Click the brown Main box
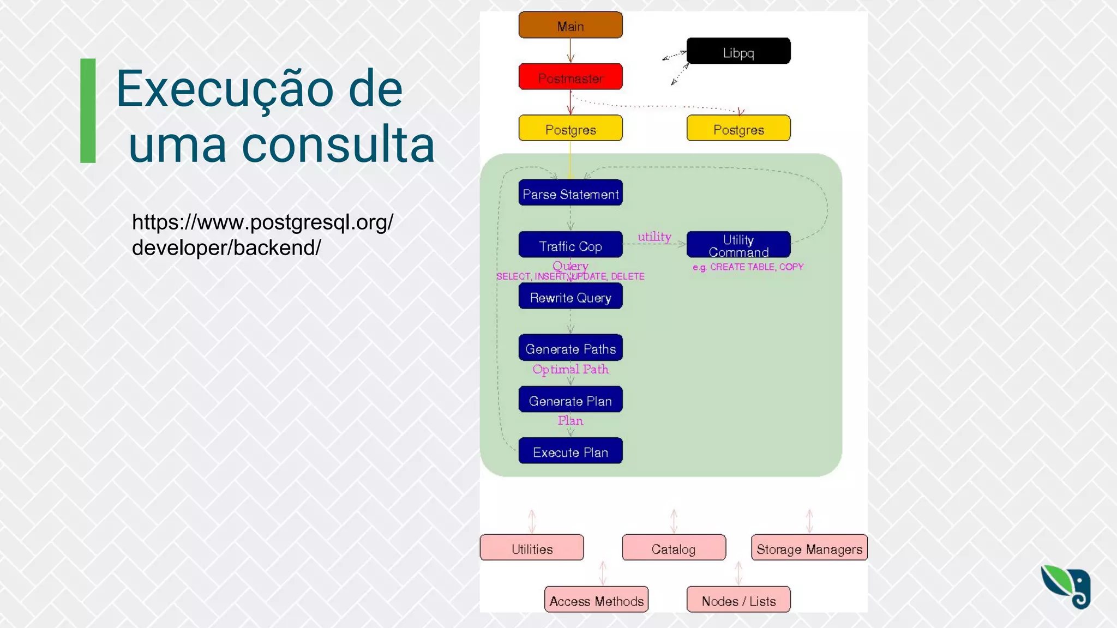click(x=570, y=25)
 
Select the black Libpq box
click(x=738, y=51)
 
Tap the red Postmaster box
click(x=570, y=77)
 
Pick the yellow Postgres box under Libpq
click(x=738, y=129)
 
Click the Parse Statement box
click(x=570, y=193)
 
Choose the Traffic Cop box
click(x=570, y=245)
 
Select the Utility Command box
click(x=738, y=245)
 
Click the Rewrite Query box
click(x=570, y=297)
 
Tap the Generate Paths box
click(x=570, y=348)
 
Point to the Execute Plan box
click(x=570, y=451)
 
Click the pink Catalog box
click(x=674, y=548)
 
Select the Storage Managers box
click(x=809, y=548)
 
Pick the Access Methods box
click(x=596, y=600)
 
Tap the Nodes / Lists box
click(x=738, y=600)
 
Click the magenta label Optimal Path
click(x=570, y=369)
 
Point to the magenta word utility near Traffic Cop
click(x=654, y=237)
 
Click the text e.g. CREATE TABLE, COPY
click(x=748, y=267)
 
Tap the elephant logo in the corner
click(x=1066, y=587)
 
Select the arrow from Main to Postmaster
click(x=570, y=51)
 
